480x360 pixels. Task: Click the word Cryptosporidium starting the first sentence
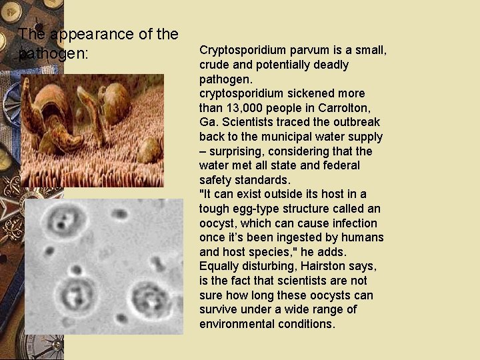click(x=237, y=51)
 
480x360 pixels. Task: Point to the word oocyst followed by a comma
click(x=219, y=223)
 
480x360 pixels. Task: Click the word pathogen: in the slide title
click(x=53, y=53)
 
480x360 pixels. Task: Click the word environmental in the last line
click(x=234, y=324)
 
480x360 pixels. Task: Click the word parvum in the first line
click(x=299, y=51)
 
